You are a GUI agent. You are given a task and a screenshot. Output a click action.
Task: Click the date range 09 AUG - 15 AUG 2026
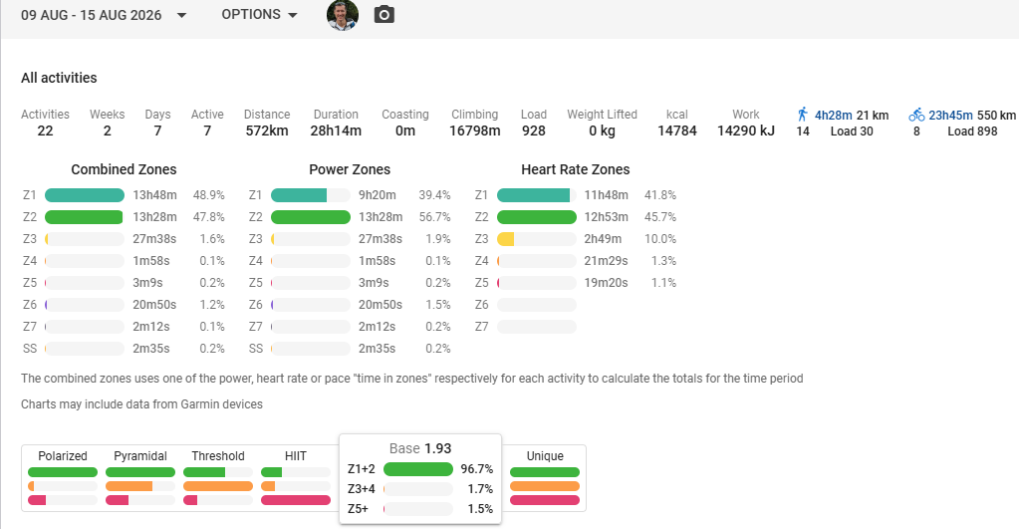tap(91, 15)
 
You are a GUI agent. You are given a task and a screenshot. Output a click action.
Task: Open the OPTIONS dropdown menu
tap(259, 14)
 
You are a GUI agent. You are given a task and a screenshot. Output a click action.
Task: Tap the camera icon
tap(384, 14)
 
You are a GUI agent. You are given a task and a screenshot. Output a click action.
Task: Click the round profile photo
tap(343, 15)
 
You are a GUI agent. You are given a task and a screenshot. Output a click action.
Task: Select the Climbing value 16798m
tap(475, 131)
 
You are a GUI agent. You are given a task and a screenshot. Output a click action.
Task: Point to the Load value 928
tap(534, 131)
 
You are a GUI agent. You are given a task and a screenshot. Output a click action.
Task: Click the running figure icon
tap(803, 115)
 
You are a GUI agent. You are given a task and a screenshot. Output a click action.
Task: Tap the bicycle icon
tap(916, 115)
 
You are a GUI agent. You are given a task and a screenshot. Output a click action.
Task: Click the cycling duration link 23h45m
tap(950, 115)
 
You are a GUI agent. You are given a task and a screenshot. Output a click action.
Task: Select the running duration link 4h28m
tap(833, 115)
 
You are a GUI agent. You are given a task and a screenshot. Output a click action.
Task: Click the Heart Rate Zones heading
tap(575, 169)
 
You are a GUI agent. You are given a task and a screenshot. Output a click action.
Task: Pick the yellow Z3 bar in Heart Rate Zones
tap(506, 239)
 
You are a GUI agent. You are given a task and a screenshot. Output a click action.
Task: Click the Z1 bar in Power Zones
tap(299, 195)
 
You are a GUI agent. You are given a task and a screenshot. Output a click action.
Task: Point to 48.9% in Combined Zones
tap(208, 195)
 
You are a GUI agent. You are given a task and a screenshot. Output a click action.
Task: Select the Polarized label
tap(63, 456)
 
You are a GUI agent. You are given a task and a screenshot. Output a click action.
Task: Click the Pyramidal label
tap(140, 456)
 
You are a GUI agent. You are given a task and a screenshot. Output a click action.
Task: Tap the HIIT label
tap(296, 456)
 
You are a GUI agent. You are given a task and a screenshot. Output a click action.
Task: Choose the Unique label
tap(545, 456)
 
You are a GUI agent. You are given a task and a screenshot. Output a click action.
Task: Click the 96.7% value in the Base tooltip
tap(477, 469)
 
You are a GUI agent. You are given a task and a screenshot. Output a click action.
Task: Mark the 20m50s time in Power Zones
tap(381, 305)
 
